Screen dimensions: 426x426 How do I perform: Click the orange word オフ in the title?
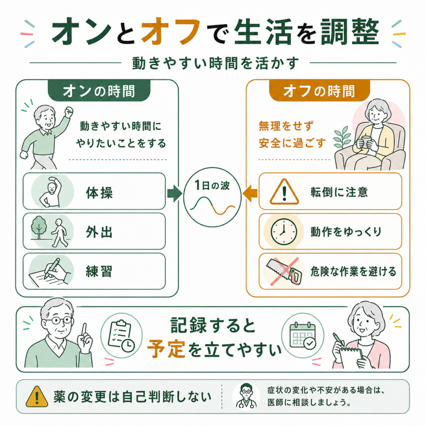[x=171, y=31]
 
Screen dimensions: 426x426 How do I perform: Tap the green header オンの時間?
[x=99, y=91]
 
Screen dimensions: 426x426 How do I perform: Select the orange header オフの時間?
[x=319, y=91]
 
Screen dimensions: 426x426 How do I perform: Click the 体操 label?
[x=99, y=193]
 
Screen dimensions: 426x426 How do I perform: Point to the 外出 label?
[x=99, y=232]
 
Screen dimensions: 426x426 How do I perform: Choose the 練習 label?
[x=99, y=271]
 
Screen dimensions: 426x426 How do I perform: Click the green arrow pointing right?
[x=175, y=193]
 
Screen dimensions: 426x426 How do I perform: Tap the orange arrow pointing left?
[x=250, y=193]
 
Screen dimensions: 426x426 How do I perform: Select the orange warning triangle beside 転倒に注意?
[x=284, y=192]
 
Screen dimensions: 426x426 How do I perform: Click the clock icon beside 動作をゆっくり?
[x=284, y=232]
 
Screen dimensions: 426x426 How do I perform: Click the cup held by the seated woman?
[x=366, y=141]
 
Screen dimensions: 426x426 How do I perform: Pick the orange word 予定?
[x=166, y=349]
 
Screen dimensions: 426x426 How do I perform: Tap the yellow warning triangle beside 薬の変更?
[x=37, y=397]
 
